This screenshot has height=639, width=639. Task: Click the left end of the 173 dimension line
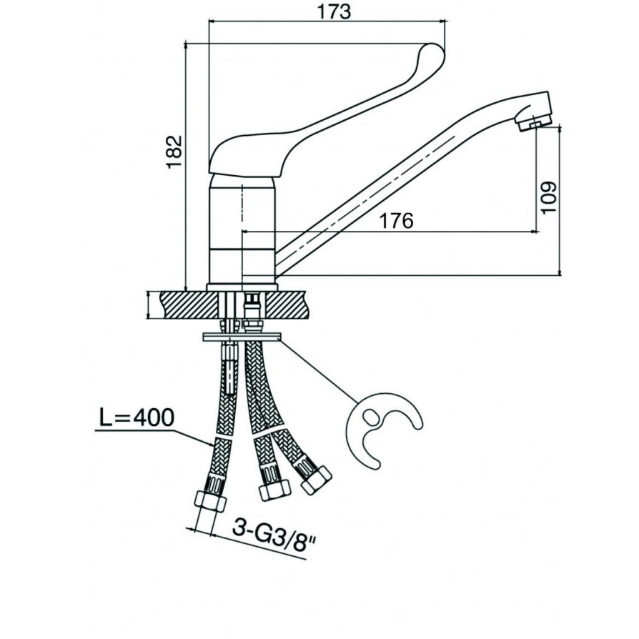[209, 21]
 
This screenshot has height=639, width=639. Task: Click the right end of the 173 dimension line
[446, 21]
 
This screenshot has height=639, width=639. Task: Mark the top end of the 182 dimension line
[187, 43]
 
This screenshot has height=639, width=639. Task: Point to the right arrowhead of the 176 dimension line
[535, 232]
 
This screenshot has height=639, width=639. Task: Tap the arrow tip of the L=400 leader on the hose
[213, 445]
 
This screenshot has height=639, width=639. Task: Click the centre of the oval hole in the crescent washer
[370, 417]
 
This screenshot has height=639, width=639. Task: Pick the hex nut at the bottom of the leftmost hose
[210, 500]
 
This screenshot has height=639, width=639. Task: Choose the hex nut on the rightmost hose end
[316, 480]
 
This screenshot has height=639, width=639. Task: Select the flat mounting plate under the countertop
[242, 337]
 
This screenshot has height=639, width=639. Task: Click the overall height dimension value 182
[174, 152]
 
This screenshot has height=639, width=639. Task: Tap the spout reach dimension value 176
[396, 221]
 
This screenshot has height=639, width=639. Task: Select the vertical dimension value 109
[549, 197]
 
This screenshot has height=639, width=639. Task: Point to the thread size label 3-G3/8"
[274, 535]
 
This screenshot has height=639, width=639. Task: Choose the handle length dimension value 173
[335, 11]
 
